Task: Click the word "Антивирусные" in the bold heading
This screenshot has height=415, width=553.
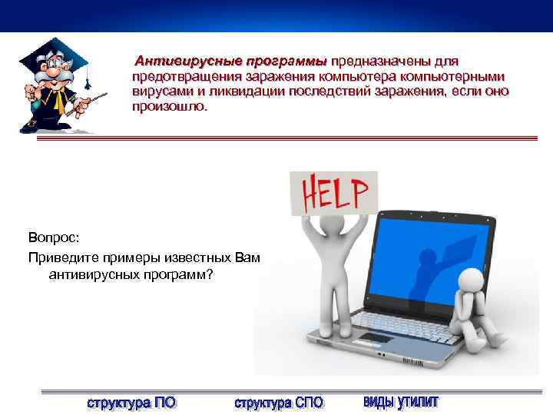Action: pos(177,61)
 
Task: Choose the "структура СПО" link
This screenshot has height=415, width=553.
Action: pos(278,402)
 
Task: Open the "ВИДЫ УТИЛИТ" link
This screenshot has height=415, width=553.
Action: pos(400,401)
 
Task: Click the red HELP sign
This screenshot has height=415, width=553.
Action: pos(333,193)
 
